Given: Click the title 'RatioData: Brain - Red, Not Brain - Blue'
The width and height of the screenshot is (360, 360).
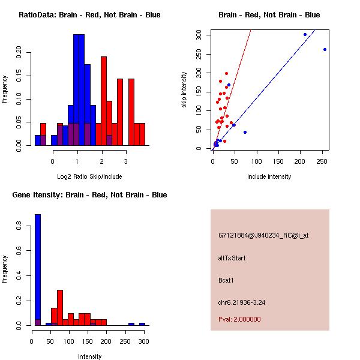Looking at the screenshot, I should point(89,15).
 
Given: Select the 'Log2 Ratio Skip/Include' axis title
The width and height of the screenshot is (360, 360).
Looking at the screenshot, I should point(89,176).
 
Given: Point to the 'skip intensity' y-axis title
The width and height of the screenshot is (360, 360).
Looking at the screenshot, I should point(184,90).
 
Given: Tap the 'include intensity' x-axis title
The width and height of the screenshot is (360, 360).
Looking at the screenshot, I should point(269,176).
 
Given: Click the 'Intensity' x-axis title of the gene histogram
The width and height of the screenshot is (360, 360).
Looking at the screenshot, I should point(89,356).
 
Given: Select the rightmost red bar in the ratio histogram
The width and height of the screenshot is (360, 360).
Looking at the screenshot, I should point(142,134).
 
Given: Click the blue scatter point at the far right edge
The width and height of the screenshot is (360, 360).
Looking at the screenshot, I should point(325,49).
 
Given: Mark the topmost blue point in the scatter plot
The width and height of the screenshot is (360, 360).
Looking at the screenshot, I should point(305,34).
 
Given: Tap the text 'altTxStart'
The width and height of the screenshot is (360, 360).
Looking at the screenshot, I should point(232,258).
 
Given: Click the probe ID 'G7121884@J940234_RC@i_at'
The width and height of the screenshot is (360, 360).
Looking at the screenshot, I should point(263,236).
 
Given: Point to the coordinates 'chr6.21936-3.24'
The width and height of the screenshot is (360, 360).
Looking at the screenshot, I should point(242,302).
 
